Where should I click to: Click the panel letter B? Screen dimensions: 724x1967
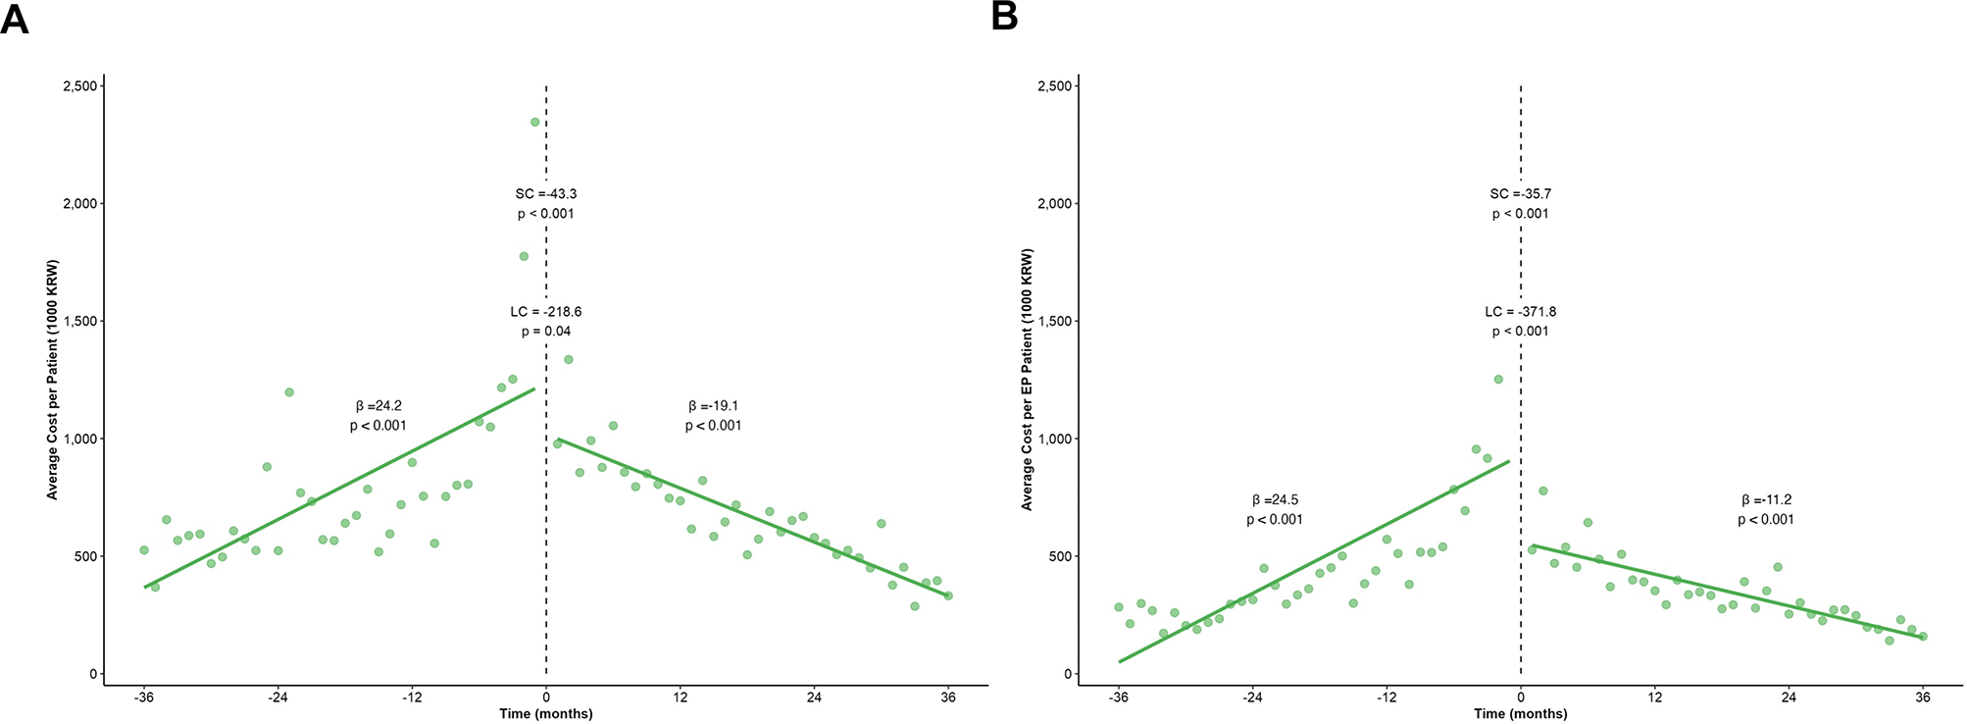(x=1004, y=17)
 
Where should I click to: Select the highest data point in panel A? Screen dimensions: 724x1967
(x=535, y=123)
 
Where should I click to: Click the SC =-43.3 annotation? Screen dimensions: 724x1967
(x=546, y=194)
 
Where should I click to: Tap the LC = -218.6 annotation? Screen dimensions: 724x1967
(x=546, y=312)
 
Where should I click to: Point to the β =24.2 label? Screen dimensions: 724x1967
(x=378, y=406)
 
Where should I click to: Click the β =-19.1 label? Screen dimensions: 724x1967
(x=713, y=406)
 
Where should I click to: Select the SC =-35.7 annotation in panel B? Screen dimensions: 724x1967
(x=1521, y=194)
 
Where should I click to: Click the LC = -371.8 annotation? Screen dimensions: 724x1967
(x=1521, y=312)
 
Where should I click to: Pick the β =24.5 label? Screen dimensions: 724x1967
(x=1275, y=500)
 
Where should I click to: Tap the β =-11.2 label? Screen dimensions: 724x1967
(x=1766, y=500)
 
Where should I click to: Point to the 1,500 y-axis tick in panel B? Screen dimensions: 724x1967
(x=1053, y=322)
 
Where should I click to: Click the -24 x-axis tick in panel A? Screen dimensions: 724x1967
(x=277, y=698)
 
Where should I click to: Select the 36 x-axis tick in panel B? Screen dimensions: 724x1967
(x=1923, y=698)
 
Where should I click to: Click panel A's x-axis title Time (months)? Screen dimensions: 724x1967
(x=546, y=714)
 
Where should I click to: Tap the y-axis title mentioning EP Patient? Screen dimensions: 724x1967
(x=1028, y=380)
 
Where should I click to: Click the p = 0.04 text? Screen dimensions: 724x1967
(x=546, y=332)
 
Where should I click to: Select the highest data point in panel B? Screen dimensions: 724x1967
(x=1498, y=379)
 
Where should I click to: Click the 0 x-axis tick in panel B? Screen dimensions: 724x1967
(x=1521, y=698)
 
